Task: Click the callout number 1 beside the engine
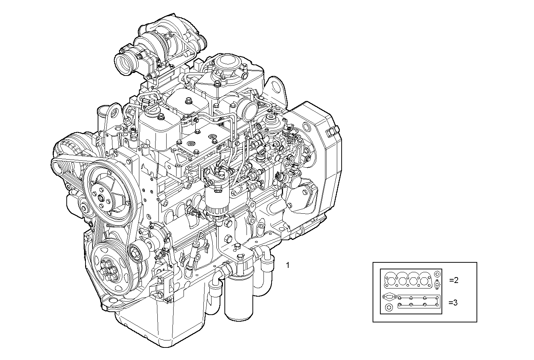pyautogui.click(x=287, y=265)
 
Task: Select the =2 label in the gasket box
pyautogui.click(x=454, y=280)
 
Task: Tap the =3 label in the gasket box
pyautogui.click(x=453, y=303)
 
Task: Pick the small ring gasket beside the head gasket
pyautogui.click(x=437, y=274)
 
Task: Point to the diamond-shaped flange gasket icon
pyautogui.click(x=437, y=284)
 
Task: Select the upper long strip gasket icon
pyautogui.click(x=419, y=298)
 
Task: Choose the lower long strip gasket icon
pyautogui.click(x=418, y=305)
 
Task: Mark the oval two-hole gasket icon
pyautogui.click(x=389, y=297)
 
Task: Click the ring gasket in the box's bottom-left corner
pyautogui.click(x=389, y=308)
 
